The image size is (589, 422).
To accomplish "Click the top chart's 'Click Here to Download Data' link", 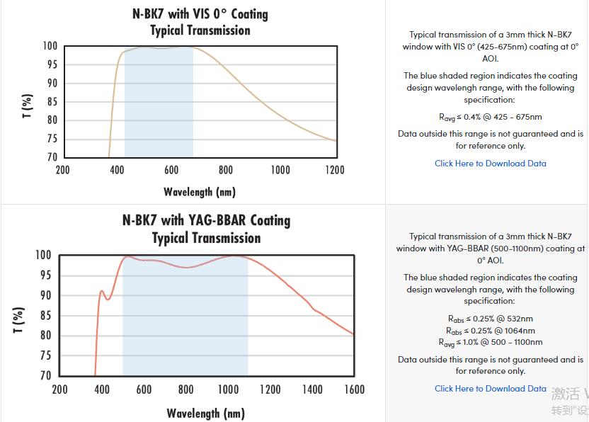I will [490, 164].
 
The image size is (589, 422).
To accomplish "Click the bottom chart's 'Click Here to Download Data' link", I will [490, 389].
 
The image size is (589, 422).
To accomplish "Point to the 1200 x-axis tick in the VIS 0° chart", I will [335, 170].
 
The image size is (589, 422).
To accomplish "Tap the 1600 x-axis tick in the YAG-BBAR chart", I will [354, 389].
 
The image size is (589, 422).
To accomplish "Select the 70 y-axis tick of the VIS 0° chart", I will [51, 157].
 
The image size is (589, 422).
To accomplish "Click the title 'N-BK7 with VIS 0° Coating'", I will [200, 14].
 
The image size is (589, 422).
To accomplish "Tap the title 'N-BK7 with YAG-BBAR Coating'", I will [206, 220].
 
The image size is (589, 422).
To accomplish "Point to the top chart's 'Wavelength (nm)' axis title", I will [200, 192].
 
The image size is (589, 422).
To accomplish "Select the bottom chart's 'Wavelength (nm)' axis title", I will [206, 413].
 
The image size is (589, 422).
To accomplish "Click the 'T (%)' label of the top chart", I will [28, 105].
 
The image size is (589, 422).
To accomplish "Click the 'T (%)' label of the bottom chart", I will [20, 319].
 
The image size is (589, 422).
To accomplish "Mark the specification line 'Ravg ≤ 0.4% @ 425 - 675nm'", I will [490, 117].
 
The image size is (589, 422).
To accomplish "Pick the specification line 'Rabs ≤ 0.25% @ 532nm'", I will [490, 319].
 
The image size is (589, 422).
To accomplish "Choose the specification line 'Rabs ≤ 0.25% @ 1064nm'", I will [490, 331].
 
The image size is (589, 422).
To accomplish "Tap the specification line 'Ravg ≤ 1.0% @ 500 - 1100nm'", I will [490, 343].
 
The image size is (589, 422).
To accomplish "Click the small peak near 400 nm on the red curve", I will [102, 291].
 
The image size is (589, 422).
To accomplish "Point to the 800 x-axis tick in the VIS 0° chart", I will [226, 170].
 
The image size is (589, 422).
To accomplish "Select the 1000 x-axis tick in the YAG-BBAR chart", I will [228, 389].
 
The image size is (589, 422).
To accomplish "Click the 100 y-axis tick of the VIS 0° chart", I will [50, 47].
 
